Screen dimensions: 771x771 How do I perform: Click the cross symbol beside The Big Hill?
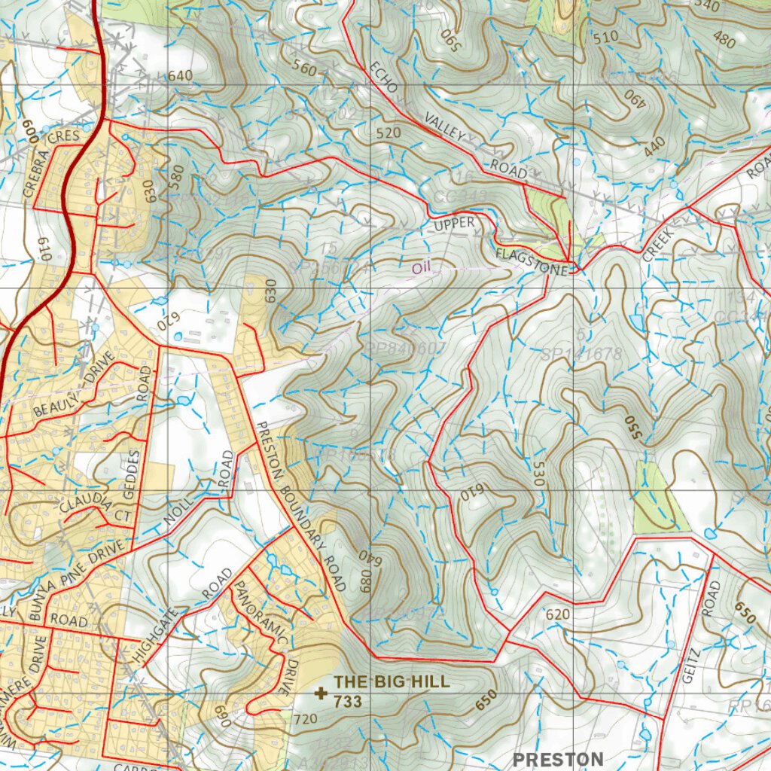click(x=322, y=693)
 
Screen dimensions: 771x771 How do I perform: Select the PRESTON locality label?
click(x=558, y=758)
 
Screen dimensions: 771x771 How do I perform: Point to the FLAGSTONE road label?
click(x=531, y=261)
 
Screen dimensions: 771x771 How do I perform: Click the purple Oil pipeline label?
click(x=420, y=267)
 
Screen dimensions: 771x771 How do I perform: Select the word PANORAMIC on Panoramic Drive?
click(x=260, y=613)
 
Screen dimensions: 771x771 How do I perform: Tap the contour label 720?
click(x=305, y=719)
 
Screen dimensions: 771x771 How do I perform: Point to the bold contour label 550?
click(x=634, y=425)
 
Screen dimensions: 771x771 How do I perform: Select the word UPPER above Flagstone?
click(x=454, y=223)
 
